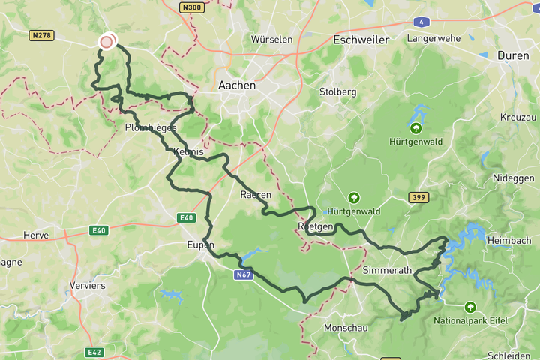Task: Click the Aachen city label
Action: click(x=236, y=85)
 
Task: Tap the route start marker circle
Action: click(x=106, y=41)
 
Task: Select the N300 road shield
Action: click(x=191, y=7)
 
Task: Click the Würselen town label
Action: click(x=271, y=39)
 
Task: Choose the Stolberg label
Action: click(x=337, y=91)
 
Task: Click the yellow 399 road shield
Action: click(x=419, y=197)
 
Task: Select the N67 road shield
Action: click(x=243, y=275)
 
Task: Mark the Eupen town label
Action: click(x=201, y=245)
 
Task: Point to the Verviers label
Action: click(x=87, y=285)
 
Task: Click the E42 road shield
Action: click(x=94, y=352)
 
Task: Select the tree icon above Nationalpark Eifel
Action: click(x=470, y=307)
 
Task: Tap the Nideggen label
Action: click(x=513, y=178)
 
